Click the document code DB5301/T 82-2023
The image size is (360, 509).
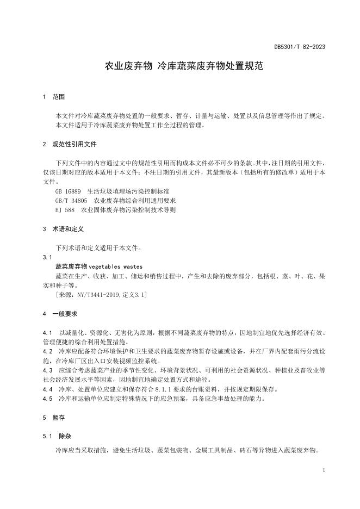click(299, 47)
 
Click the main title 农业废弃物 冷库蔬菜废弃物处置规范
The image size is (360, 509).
click(184, 67)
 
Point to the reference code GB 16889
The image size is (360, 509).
click(68, 191)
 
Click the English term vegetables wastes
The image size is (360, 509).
click(115, 266)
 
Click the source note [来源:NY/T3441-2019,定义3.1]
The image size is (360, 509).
click(101, 294)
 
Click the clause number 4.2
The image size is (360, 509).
click(47, 351)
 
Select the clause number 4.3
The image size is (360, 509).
click(47, 370)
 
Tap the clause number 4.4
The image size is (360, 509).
click(47, 389)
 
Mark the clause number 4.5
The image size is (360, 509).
click(47, 399)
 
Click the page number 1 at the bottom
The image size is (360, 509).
click(324, 469)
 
